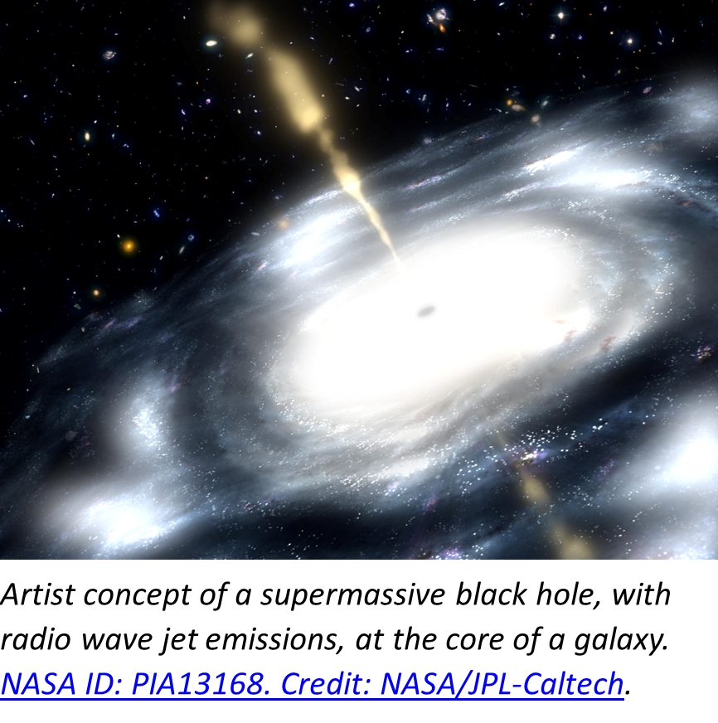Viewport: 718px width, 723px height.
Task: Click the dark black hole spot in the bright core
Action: tap(426, 311)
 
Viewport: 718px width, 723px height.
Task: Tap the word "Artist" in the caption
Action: tap(38, 594)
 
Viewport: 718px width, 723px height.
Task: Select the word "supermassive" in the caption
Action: tap(352, 595)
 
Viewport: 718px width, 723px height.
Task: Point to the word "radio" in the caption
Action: tap(36, 639)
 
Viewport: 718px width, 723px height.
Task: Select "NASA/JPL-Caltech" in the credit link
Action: tap(502, 683)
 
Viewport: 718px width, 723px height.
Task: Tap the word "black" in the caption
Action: tap(491, 594)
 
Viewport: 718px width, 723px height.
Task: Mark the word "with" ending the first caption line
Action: tap(641, 594)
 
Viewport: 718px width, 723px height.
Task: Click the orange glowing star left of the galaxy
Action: tap(129, 245)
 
